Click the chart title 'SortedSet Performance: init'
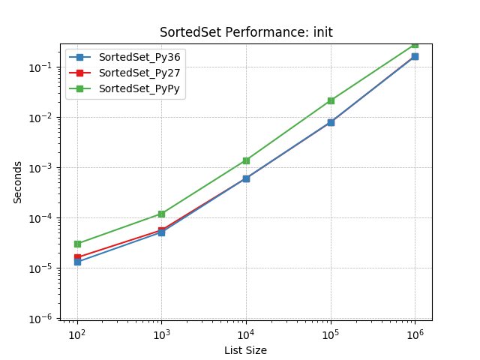(246, 32)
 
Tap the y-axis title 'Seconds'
(17, 182)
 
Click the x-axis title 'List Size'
(245, 350)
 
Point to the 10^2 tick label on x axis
(77, 334)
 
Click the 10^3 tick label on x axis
(161, 334)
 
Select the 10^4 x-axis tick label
(246, 334)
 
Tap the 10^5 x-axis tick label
(331, 334)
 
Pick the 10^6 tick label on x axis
(415, 334)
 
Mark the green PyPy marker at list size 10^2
(77, 244)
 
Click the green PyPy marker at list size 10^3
(161, 214)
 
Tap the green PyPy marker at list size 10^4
(246, 160)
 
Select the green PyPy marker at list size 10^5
(331, 100)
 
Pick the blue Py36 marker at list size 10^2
(77, 262)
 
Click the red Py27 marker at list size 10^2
(77, 257)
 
